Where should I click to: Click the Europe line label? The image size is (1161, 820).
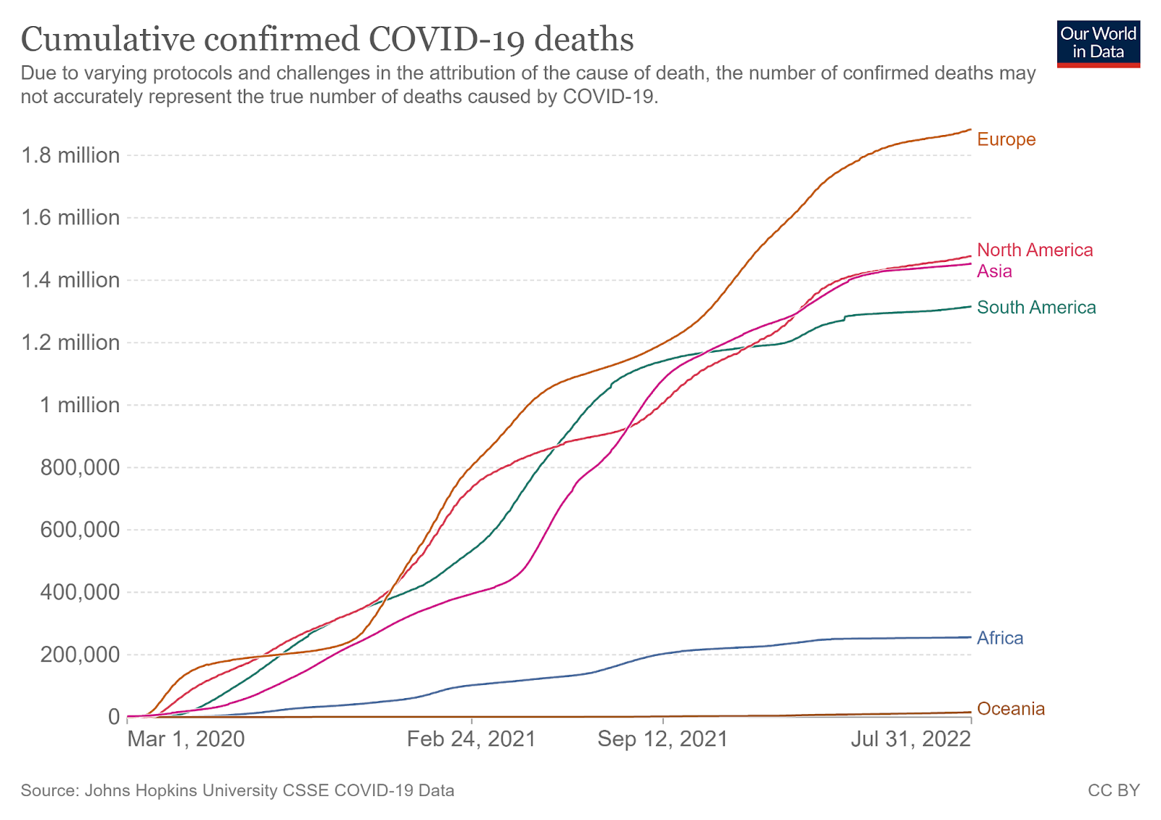(1006, 139)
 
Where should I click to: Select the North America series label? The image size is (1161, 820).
(1035, 250)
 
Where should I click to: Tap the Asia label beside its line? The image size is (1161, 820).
(994, 271)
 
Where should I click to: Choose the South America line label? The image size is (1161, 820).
(1036, 308)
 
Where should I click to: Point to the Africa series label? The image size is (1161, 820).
(1000, 639)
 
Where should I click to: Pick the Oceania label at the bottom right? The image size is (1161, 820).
(1011, 709)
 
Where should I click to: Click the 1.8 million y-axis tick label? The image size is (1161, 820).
(70, 155)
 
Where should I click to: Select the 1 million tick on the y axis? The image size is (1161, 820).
(80, 405)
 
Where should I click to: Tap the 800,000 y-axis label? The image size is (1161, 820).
(80, 467)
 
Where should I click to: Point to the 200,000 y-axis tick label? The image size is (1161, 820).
(80, 655)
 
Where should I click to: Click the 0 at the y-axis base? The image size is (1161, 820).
(113, 717)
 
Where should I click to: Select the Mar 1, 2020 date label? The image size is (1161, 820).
(186, 739)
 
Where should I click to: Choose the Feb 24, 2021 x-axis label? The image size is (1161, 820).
(471, 739)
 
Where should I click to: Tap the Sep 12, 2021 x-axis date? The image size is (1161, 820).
(662, 739)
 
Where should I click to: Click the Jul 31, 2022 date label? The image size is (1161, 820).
(911, 739)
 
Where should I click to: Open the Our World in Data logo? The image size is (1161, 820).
(1098, 44)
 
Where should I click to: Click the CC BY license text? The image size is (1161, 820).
(1113, 790)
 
